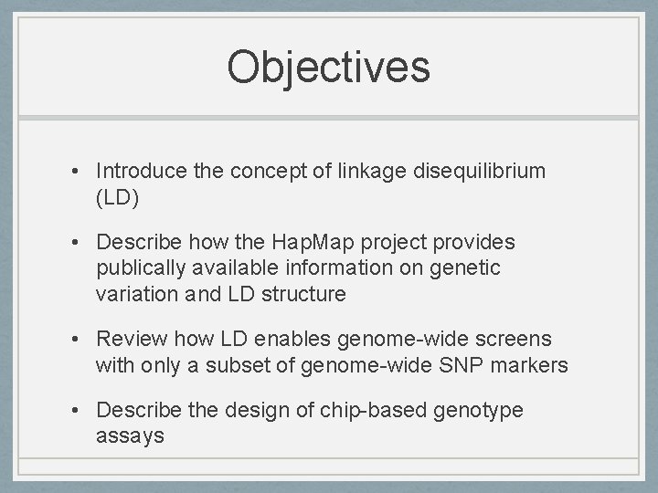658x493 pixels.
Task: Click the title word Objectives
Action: pos(328,68)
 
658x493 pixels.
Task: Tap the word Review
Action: pos(131,340)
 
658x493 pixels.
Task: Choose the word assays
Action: pos(130,436)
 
